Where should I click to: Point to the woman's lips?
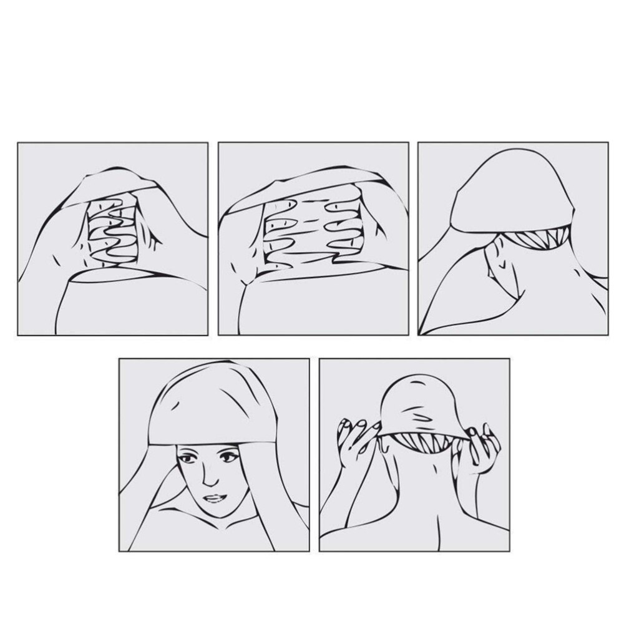point(214,498)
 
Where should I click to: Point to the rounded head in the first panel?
point(125,300)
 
